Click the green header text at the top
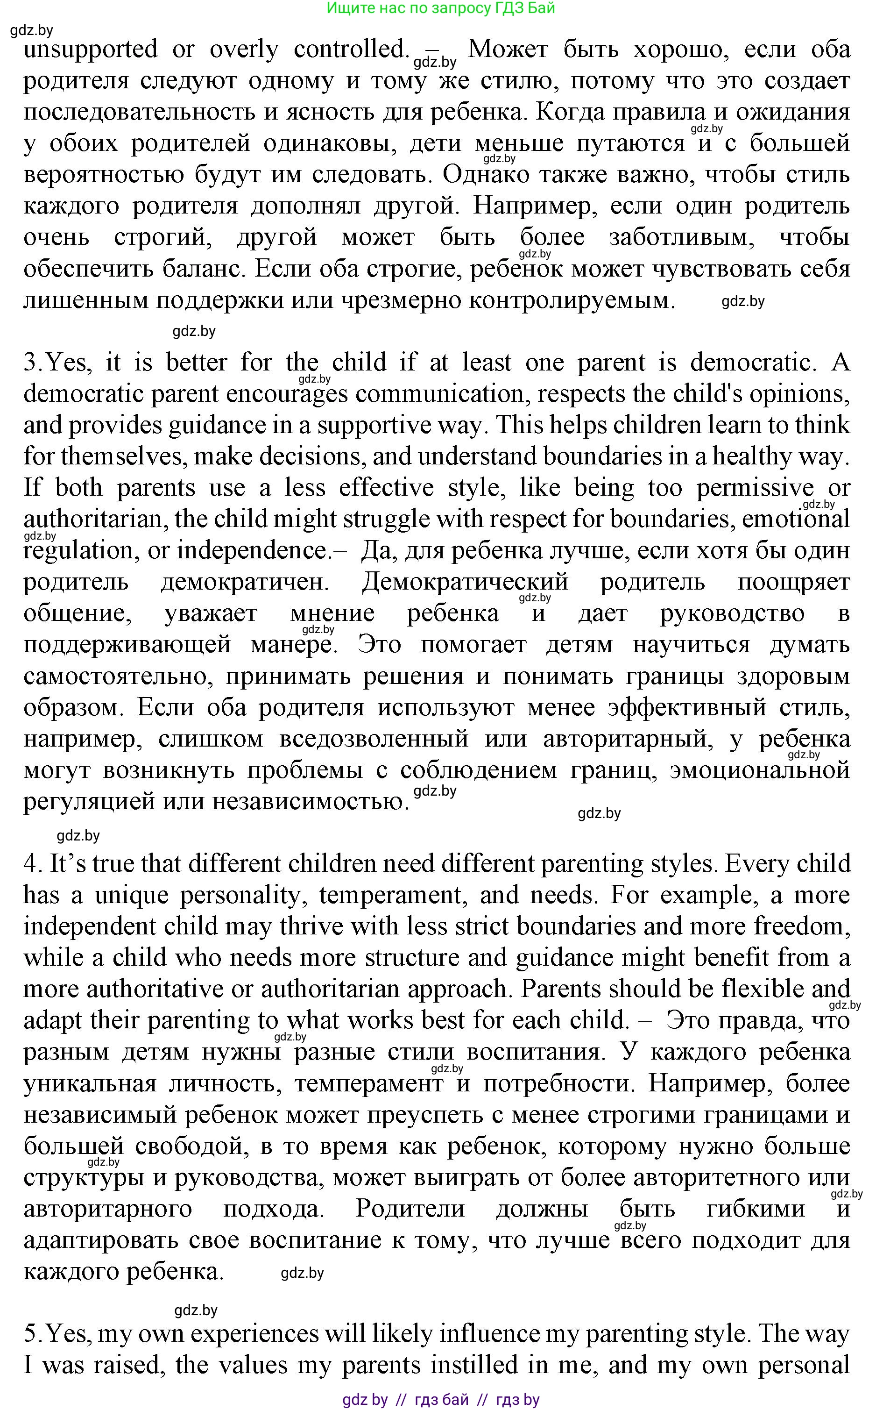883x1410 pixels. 441,8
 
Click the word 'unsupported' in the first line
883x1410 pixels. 91,50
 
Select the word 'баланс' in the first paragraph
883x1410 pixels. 202,269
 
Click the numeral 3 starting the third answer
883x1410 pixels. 30,363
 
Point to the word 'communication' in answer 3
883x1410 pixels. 439,394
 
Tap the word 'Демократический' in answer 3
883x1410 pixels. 465,582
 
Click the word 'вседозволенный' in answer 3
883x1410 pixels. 374,739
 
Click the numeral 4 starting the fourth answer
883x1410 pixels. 30,864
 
